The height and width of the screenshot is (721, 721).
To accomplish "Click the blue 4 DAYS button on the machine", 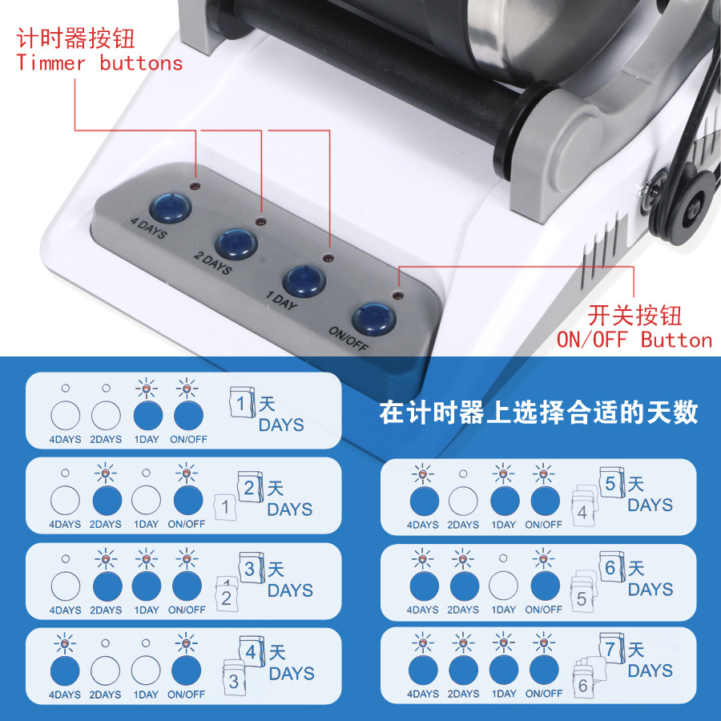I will (171, 207).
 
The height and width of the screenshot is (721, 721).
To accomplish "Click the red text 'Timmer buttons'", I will (99, 64).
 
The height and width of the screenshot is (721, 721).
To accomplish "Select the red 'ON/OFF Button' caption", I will (634, 340).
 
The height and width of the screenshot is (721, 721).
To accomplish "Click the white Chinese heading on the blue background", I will (538, 413).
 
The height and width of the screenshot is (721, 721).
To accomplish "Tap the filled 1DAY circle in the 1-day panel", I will (147, 415).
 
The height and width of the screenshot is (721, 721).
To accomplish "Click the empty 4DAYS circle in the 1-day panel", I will (66, 415).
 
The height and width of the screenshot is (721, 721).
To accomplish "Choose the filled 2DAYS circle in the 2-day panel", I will (106, 501).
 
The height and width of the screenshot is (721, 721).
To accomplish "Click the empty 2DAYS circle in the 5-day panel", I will (463, 501).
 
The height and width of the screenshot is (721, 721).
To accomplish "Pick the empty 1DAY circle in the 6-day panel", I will (503, 586).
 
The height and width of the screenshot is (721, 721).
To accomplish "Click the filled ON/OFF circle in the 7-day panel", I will (543, 670).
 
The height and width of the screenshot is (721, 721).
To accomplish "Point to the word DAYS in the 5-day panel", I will (650, 506).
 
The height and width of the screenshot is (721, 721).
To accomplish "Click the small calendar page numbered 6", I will (582, 685).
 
